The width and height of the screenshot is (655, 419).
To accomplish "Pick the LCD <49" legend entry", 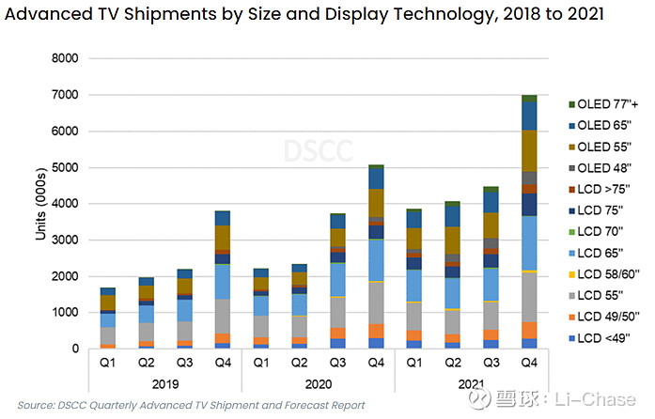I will (600, 335).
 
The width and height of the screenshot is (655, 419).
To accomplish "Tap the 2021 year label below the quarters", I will (472, 383).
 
